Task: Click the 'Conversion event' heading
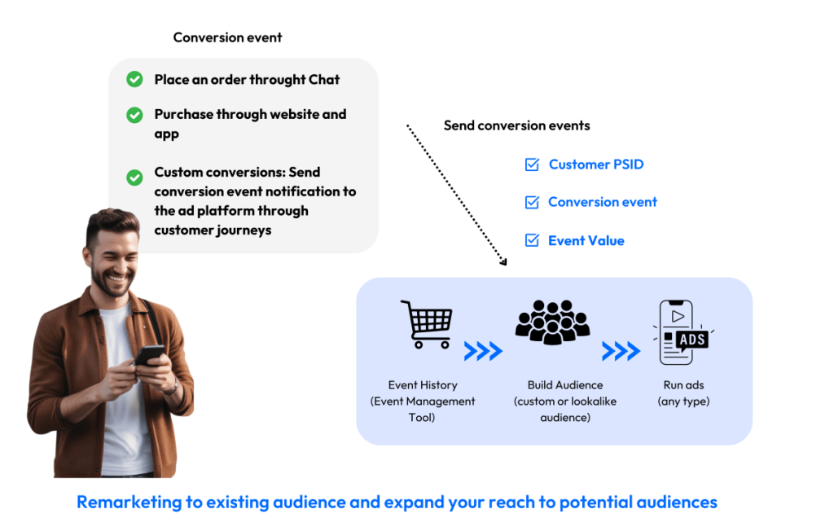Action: tap(227, 37)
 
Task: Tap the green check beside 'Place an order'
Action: tap(134, 79)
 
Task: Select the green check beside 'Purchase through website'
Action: tap(134, 116)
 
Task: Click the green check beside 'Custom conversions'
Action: tap(134, 177)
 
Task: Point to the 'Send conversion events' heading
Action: tap(516, 125)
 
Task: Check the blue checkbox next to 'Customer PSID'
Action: tap(532, 165)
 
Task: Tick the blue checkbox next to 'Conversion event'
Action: tap(532, 202)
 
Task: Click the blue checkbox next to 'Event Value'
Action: tap(532, 240)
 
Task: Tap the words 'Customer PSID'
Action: tap(596, 165)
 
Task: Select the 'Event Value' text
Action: tap(586, 240)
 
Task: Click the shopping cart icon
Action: tap(426, 324)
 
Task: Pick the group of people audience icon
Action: tap(552, 322)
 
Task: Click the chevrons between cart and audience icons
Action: tap(483, 351)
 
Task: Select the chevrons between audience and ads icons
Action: tap(621, 351)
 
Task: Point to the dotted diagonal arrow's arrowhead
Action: tap(503, 261)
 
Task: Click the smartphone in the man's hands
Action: tap(148, 356)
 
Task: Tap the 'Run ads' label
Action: tap(683, 385)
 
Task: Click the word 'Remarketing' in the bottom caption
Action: tap(129, 502)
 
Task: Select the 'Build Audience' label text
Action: tap(565, 385)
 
